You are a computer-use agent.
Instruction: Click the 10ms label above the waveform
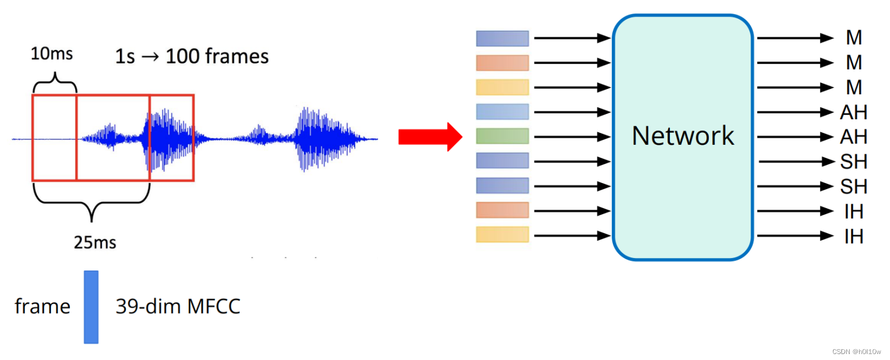[x=52, y=54]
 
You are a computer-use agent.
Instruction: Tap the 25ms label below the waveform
[x=95, y=242]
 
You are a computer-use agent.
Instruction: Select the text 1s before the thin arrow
[x=125, y=57]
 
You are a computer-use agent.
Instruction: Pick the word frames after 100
[x=236, y=57]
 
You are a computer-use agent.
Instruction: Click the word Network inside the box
[x=683, y=136]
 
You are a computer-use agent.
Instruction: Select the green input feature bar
[x=502, y=136]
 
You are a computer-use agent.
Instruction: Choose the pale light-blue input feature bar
[x=502, y=111]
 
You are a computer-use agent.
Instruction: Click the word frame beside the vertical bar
[x=42, y=307]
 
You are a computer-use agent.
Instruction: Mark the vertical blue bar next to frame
[x=91, y=307]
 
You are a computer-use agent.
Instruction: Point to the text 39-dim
[x=148, y=307]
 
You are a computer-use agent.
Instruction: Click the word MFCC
[x=214, y=307]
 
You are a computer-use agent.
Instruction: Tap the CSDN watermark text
[x=857, y=352]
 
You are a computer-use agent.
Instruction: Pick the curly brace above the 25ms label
[x=91, y=205]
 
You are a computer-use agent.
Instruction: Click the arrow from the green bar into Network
[x=572, y=137]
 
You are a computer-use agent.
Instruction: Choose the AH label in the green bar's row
[x=854, y=137]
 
